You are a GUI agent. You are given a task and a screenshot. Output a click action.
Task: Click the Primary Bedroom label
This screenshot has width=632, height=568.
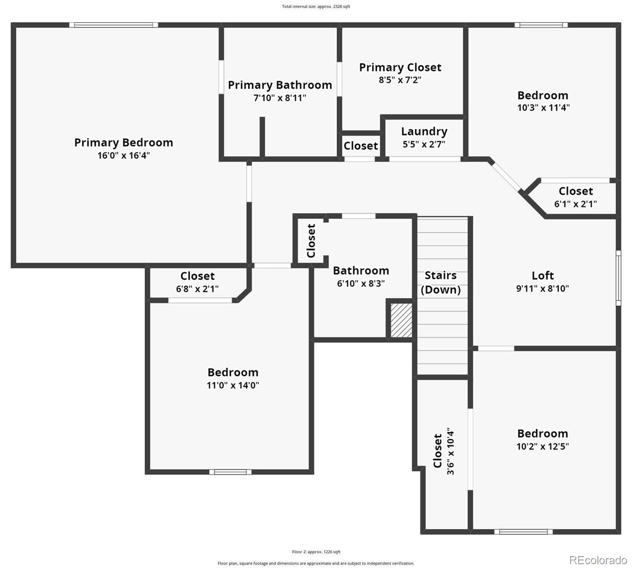[x=123, y=142]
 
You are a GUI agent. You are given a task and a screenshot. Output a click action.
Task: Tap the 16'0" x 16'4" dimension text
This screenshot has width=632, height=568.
[x=123, y=155]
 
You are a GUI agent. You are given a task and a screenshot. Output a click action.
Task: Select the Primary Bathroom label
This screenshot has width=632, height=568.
[x=280, y=85]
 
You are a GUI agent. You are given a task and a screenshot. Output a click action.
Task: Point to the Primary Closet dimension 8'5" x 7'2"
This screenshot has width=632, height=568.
[x=400, y=80]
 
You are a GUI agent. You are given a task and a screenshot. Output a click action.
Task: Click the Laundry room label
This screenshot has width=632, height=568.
[x=424, y=132]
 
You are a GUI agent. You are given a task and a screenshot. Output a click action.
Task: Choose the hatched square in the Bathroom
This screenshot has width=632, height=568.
[x=401, y=320]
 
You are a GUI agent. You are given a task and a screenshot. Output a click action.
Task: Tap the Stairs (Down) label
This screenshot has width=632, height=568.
[x=440, y=283]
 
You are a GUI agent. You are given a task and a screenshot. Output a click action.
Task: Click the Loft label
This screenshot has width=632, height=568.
[x=543, y=275]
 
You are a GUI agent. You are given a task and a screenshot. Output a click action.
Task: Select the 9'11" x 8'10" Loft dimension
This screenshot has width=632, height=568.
[x=543, y=288]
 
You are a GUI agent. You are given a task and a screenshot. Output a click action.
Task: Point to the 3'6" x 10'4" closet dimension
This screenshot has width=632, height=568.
[x=450, y=452]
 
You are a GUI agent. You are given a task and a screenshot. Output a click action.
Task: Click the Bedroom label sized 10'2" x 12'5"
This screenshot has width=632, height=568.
[x=543, y=434]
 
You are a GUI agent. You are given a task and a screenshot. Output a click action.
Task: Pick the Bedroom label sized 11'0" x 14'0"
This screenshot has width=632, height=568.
[x=233, y=373]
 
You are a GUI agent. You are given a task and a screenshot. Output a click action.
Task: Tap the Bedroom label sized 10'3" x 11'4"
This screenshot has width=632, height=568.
[x=543, y=95]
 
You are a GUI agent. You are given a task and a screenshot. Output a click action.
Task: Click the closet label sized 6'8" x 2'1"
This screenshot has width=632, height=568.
[x=197, y=276]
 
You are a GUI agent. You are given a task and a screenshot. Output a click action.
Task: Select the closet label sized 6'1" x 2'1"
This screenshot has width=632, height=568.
[x=575, y=191]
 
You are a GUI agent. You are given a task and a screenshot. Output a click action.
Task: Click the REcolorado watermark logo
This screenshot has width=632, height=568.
[x=598, y=560]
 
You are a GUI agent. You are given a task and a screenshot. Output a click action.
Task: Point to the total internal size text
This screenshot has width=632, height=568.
[x=316, y=7]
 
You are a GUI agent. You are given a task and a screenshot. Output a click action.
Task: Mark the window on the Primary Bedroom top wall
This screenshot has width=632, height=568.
[x=114, y=25]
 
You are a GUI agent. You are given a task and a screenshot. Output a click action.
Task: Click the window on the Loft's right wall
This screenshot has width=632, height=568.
[x=618, y=278]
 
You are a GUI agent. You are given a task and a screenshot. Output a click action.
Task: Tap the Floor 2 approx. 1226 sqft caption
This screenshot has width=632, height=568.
[x=316, y=552]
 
